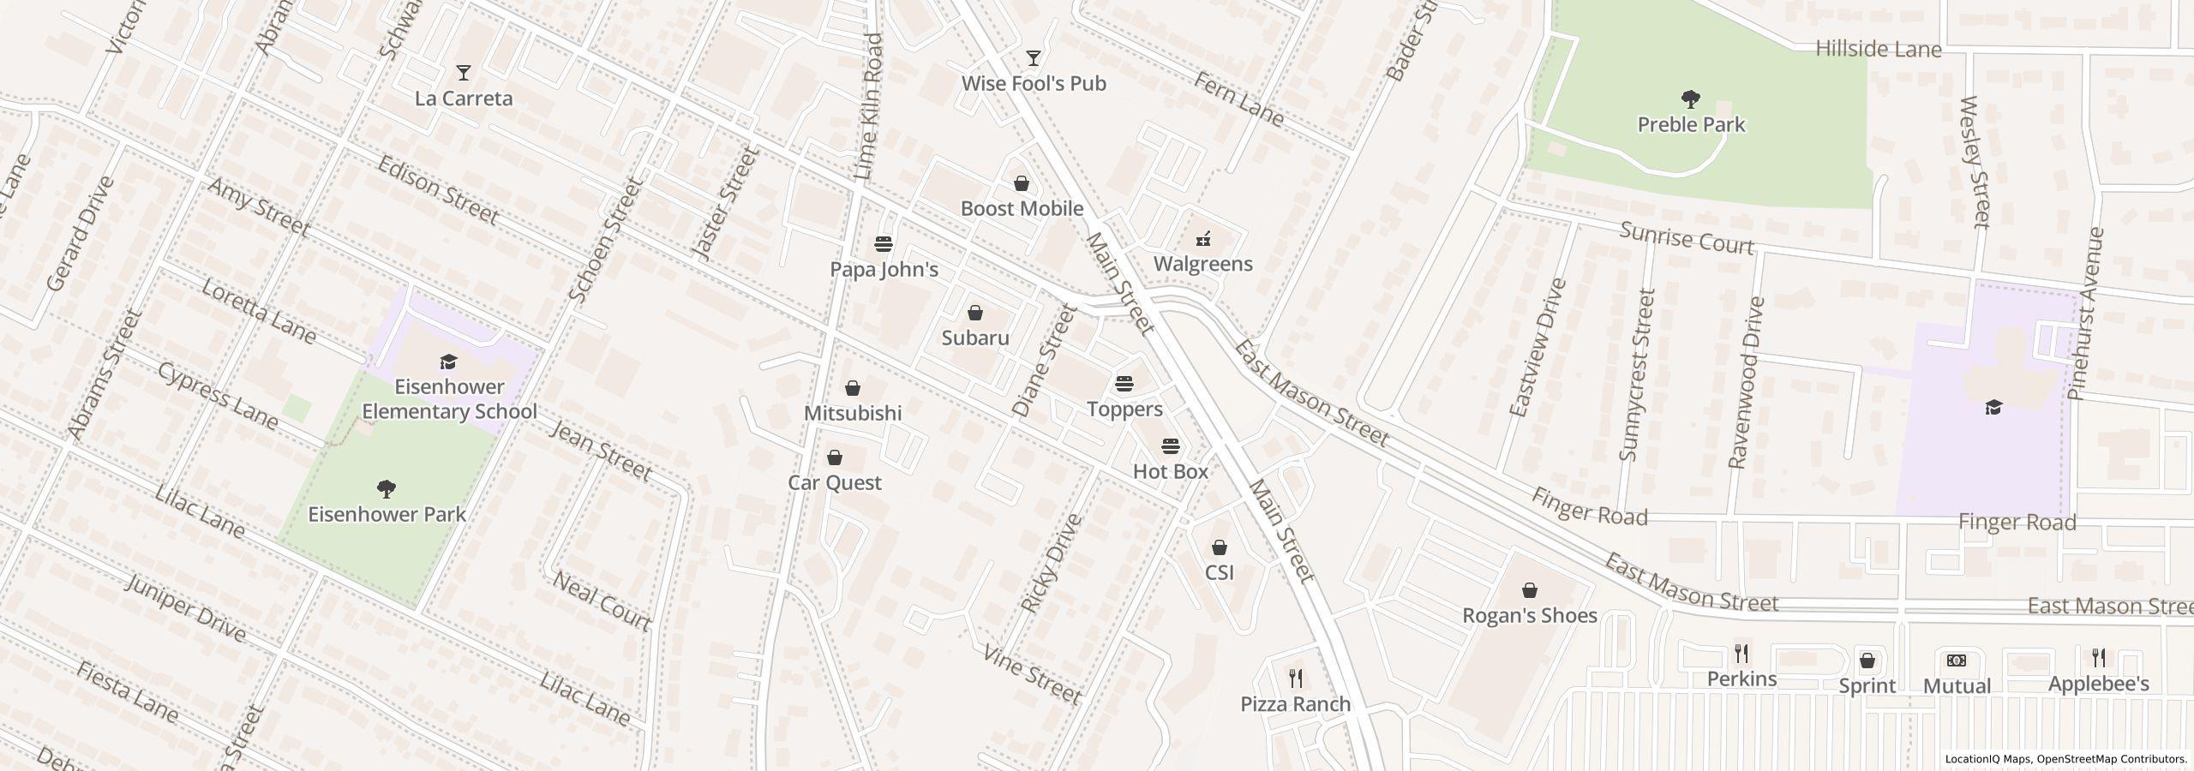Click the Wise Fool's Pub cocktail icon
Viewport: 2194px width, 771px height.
1034,58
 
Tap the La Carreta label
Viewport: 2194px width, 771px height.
464,99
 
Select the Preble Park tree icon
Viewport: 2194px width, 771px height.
1691,99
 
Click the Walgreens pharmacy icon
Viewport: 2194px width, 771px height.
1203,238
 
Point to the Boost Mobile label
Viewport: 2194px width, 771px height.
1022,209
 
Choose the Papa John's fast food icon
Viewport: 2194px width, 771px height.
884,244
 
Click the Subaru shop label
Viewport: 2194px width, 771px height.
975,338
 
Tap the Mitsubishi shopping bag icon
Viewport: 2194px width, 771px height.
853,388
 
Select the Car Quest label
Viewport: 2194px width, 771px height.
835,483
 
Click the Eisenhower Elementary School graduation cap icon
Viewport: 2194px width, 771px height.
448,362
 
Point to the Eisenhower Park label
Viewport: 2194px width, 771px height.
387,515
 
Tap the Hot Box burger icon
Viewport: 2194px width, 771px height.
1171,446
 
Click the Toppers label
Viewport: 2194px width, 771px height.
1124,409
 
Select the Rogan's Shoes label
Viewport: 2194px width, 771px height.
1529,616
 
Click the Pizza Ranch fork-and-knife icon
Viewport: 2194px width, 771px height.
1296,678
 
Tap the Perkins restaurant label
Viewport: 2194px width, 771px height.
1741,679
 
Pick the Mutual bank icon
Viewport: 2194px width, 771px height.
1957,660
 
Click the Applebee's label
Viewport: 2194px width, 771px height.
2098,684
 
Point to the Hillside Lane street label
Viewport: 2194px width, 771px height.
1878,50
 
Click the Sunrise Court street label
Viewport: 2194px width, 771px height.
1687,238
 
